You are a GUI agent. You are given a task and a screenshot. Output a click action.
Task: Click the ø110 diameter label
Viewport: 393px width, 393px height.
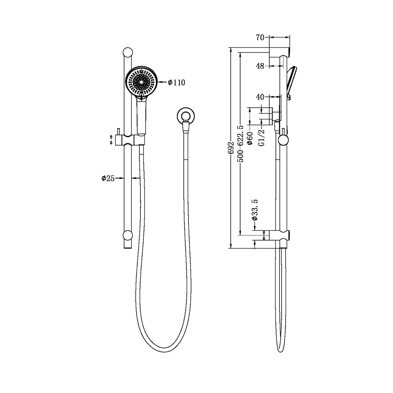coord(176,83)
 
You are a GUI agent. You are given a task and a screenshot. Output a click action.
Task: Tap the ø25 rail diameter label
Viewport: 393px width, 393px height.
coord(108,178)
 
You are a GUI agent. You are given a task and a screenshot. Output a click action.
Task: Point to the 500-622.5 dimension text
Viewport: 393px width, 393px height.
coord(240,143)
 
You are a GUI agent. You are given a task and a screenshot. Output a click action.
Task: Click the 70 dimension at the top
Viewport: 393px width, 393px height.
coord(260,37)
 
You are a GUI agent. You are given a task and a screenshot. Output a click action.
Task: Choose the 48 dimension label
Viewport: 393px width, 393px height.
coord(260,66)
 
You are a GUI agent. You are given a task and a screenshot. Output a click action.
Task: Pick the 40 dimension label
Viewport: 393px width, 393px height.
coord(260,97)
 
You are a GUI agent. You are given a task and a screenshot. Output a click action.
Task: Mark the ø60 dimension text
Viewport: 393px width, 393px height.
coord(250,138)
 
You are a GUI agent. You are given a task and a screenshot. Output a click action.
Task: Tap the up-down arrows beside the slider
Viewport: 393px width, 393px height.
coord(111,139)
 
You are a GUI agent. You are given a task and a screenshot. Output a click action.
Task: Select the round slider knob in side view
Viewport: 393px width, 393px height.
coord(283,139)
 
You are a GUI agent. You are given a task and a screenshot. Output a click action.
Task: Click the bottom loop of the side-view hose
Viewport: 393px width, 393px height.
coord(280,349)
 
